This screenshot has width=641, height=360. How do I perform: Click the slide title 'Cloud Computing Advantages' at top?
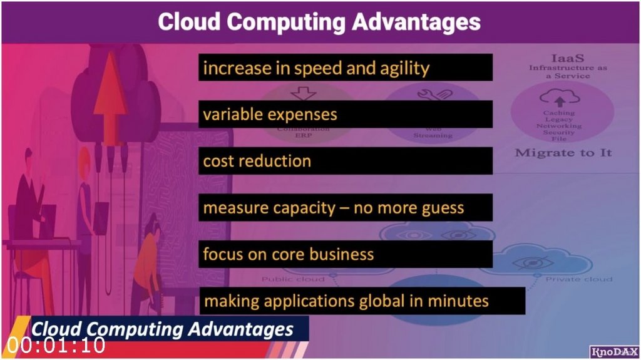pos(319,22)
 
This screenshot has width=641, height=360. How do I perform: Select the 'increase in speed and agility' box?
pos(345,68)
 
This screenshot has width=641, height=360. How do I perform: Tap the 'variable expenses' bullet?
pos(345,115)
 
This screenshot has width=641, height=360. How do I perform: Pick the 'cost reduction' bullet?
pos(345,161)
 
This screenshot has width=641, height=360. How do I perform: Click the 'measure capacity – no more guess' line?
pos(345,207)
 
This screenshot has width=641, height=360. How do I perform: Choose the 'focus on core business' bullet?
pos(345,254)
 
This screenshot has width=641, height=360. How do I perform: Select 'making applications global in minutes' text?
pos(361,301)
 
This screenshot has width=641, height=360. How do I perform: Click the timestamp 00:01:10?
pos(56,345)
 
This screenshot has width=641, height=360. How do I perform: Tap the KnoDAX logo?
pos(613,352)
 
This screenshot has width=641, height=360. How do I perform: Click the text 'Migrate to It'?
pos(563,153)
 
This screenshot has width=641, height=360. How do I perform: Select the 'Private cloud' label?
pos(579,279)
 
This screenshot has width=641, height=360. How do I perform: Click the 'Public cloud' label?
pos(293,279)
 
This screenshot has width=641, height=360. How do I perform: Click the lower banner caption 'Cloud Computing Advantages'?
pos(163,329)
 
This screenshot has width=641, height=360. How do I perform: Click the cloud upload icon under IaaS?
pos(559,98)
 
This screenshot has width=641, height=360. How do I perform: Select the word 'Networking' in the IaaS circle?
pos(559,126)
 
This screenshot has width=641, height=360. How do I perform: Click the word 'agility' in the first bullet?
pos(405,68)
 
